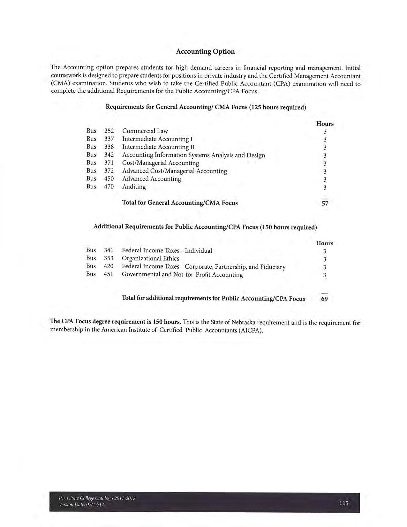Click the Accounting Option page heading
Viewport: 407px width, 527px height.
point(205,51)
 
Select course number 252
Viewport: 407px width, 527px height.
point(109,131)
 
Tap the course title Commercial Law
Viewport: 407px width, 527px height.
point(145,131)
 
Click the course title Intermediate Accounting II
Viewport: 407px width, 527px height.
point(158,147)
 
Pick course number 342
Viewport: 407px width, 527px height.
point(109,155)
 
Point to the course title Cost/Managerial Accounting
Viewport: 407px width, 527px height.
point(161,163)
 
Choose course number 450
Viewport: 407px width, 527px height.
point(109,179)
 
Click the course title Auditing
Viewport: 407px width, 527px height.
point(134,187)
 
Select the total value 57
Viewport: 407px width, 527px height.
point(325,203)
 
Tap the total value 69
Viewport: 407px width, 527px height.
point(324,299)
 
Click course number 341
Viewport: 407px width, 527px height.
point(109,250)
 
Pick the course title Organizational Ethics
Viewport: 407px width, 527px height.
point(151,258)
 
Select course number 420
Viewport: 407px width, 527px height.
point(109,266)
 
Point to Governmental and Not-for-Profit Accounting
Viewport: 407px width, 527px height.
point(182,274)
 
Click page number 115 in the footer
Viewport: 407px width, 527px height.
point(344,503)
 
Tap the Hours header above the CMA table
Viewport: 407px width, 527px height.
point(325,124)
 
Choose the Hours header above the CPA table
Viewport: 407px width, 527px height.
point(325,243)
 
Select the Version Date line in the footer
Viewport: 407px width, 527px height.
point(82,504)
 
